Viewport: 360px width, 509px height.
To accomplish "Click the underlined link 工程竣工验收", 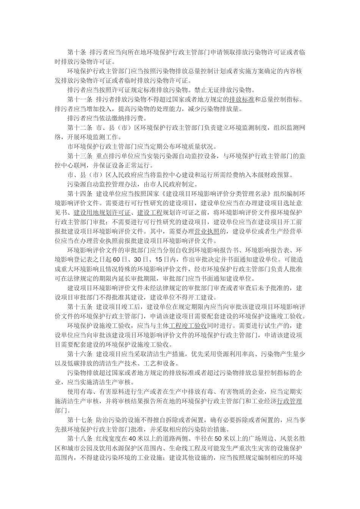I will coord(188,325).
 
